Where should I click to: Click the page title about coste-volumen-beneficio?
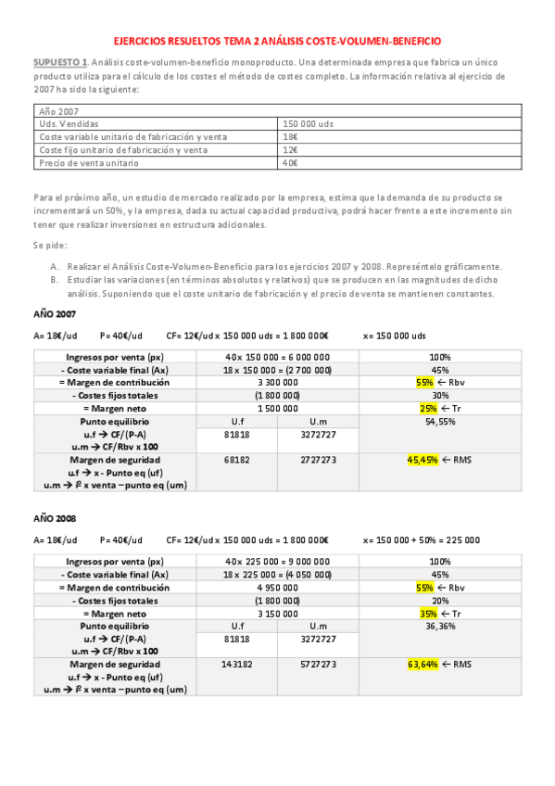point(277,42)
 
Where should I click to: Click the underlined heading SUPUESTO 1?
point(60,61)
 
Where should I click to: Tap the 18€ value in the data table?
point(291,136)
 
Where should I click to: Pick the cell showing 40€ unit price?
point(291,162)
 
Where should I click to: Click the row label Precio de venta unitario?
point(89,162)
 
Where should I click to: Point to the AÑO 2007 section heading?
point(55,313)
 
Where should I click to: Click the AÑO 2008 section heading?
point(55,518)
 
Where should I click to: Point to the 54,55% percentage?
point(440,421)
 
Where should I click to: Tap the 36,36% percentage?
point(440,626)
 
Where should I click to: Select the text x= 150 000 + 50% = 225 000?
point(421,539)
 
